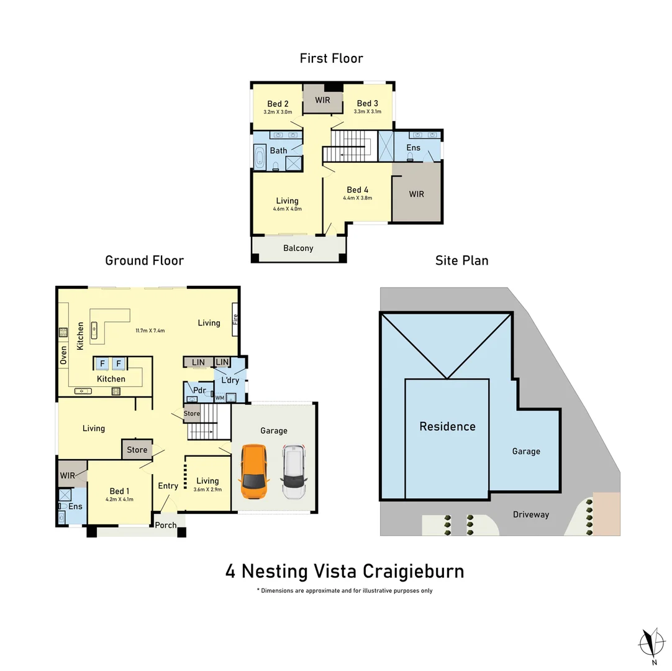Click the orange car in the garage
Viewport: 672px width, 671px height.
tap(255, 472)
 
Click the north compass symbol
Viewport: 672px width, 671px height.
tap(651, 642)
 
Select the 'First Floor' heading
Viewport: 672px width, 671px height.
tap(331, 58)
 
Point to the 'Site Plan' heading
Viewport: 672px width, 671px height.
tap(461, 260)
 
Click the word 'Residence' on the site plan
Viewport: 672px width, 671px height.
tap(447, 427)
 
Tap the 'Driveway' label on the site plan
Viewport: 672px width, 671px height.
tap(531, 514)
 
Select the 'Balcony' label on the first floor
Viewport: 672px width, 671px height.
tap(298, 248)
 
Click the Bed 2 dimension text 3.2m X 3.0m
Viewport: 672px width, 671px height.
tap(278, 112)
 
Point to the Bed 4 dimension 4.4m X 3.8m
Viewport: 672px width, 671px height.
tap(357, 198)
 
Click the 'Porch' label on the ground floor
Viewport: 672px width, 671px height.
tap(166, 525)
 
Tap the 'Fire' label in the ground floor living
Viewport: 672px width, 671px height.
tap(235, 319)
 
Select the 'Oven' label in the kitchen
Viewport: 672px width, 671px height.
tap(63, 355)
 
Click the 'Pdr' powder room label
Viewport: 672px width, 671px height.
tap(199, 390)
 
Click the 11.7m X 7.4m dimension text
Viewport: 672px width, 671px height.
tap(150, 331)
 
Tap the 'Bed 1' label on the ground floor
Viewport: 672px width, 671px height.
tap(119, 491)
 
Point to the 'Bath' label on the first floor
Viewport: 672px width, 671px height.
tap(278, 150)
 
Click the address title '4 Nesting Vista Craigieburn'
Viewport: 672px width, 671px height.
tap(345, 571)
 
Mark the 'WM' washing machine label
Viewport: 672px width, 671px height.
tap(219, 397)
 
